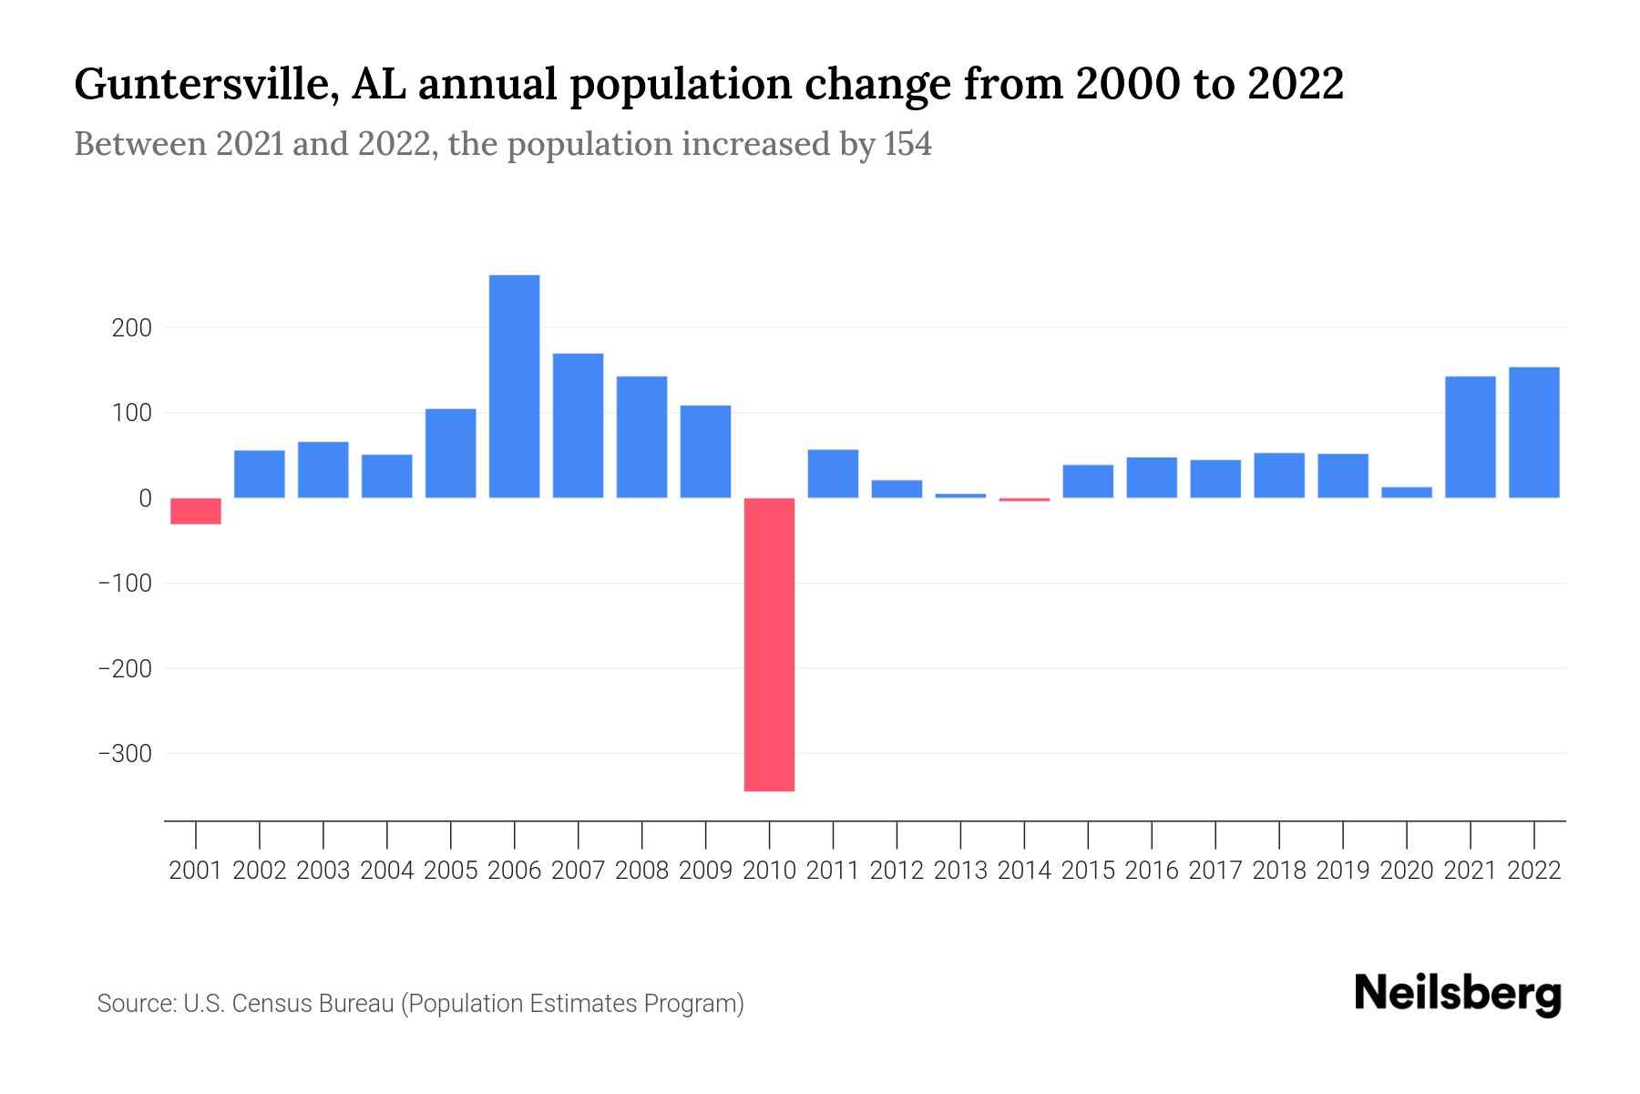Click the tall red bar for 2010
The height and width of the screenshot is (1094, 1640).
769,644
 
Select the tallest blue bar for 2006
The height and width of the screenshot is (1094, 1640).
514,386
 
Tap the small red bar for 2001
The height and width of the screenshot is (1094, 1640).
196,511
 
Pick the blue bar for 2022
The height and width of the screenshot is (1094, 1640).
1534,432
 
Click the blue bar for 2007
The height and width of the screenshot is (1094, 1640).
578,425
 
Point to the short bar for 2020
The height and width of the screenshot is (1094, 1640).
1407,492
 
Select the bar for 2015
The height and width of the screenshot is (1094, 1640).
1088,480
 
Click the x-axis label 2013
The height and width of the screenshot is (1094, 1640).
960,871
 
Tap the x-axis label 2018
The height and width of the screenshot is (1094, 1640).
1279,871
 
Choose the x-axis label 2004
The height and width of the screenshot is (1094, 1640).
387,871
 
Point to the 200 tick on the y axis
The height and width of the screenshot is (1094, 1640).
131,327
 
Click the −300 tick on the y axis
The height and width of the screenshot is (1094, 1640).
125,754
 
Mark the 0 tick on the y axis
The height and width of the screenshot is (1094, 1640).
145,498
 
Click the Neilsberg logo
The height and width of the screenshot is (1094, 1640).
1458,994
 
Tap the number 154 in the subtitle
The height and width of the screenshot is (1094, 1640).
907,144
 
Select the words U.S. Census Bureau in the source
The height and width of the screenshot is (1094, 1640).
289,1004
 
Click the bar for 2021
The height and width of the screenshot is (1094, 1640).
1471,437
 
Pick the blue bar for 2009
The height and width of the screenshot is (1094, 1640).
705,451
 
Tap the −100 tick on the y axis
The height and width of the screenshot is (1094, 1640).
125,583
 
